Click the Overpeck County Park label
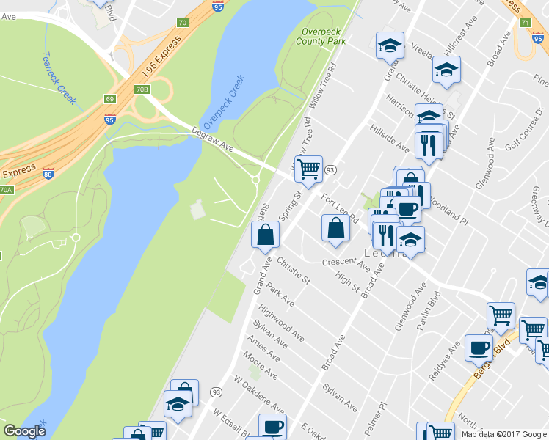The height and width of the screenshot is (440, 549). pyautogui.click(x=321, y=37)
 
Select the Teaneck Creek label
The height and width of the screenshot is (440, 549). pyautogui.click(x=59, y=77)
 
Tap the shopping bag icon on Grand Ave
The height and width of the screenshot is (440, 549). pyautogui.click(x=265, y=235)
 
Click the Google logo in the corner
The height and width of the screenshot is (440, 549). pyautogui.click(x=24, y=431)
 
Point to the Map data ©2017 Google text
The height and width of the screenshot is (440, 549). pyautogui.click(x=504, y=434)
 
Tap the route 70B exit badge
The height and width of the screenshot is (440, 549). pyautogui.click(x=142, y=89)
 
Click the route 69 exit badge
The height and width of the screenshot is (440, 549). pyautogui.click(x=110, y=99)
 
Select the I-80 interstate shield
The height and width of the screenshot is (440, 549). pyautogui.click(x=48, y=174)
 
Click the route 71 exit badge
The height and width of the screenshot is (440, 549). pyautogui.click(x=525, y=23)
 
